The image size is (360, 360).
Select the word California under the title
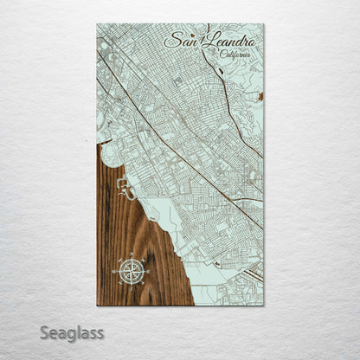pos(236,55)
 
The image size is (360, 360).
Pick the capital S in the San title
pos(168,41)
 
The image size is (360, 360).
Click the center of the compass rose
pos(132,272)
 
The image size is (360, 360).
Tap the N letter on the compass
pos(132,255)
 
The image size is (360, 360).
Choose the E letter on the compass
pos(149,272)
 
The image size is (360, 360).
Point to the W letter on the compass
pos(114,272)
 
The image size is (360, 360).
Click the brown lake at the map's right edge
pos(259,97)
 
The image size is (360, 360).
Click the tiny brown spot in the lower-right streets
pos(217,261)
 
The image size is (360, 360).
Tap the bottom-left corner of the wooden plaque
pos(98,305)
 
